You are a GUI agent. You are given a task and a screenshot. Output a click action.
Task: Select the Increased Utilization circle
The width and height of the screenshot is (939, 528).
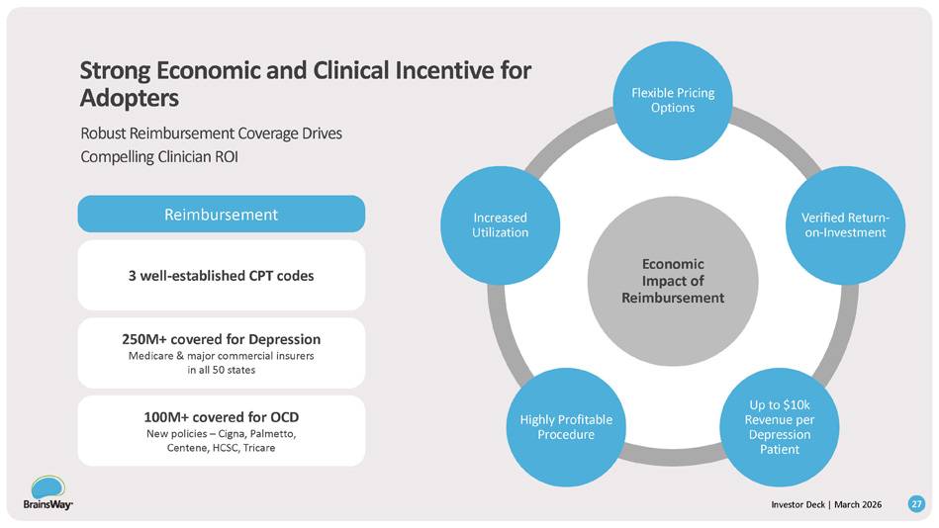point(500,225)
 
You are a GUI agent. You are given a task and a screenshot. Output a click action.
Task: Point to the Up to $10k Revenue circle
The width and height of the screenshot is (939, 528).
point(780,427)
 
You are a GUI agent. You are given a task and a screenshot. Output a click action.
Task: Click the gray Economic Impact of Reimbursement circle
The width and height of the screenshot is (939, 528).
point(672,281)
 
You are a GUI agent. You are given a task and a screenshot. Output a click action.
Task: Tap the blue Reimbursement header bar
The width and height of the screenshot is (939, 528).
point(221,214)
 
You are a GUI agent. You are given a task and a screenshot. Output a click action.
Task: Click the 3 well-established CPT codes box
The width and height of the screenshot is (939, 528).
point(221,275)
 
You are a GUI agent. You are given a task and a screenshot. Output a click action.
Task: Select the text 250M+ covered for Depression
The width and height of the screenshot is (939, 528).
point(221,338)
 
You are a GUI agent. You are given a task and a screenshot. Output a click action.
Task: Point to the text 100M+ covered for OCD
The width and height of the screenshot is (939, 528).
point(221,415)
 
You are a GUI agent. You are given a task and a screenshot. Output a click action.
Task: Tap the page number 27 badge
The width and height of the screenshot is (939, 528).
point(917,505)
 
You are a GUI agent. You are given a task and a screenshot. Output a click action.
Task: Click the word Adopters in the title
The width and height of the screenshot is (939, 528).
point(130,98)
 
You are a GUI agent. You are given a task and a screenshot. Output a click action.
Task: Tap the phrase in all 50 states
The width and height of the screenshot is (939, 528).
point(221,370)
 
